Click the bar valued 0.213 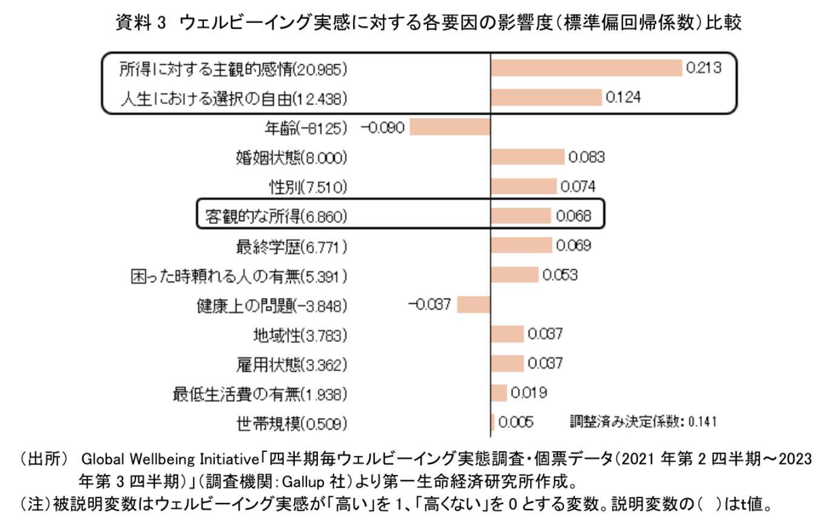coord(587,68)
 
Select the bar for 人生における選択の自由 coord(546,98)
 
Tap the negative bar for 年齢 coord(450,127)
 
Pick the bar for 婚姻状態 coord(528,157)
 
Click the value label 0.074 coord(578,186)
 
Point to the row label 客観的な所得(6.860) coord(276,217)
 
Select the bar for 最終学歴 coord(521,245)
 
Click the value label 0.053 coord(560,275)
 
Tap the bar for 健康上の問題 coord(474,305)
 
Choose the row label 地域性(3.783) coord(300,335)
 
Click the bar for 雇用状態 coord(508,363)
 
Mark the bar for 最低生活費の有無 coord(499,393)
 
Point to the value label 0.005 coord(516,422)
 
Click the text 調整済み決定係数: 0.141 coord(643,422)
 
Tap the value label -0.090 coord(382,128)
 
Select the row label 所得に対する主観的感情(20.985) coord(233,70)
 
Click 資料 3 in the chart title coord(141,22)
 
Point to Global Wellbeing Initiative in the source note coord(170,459)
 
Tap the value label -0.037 coord(429,305)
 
